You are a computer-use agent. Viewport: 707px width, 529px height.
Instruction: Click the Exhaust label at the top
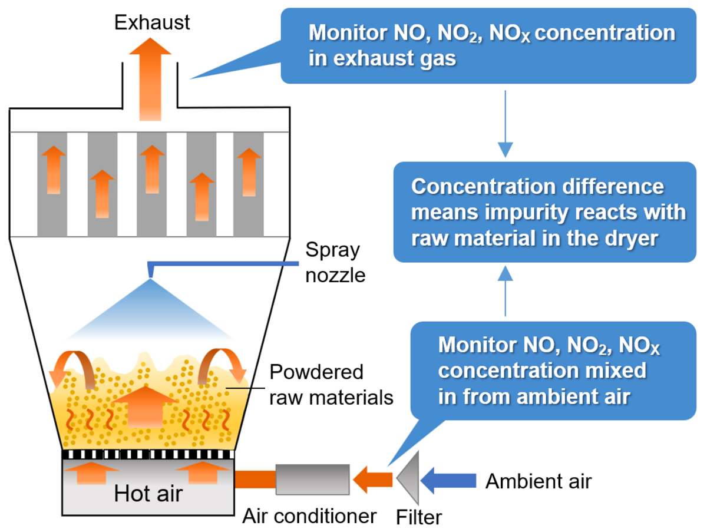(x=152, y=22)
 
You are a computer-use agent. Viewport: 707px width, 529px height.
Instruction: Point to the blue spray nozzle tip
(x=151, y=272)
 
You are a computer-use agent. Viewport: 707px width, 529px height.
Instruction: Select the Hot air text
(x=148, y=493)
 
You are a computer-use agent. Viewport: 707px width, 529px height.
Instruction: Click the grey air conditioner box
(x=312, y=479)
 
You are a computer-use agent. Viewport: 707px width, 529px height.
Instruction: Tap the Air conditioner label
(x=309, y=516)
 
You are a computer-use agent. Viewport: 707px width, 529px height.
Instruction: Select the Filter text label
(x=419, y=517)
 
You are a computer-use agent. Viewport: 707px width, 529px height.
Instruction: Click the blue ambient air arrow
(x=450, y=480)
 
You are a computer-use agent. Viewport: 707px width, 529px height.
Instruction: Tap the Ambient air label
(x=538, y=481)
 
